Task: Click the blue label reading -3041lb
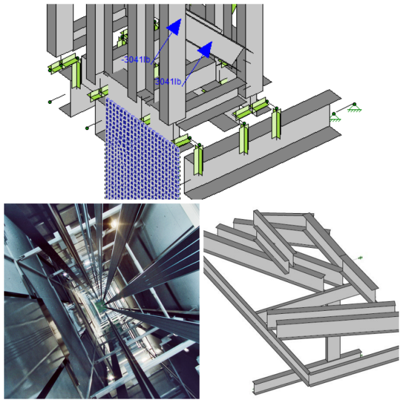click(136, 60)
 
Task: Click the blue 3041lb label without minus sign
click(169, 81)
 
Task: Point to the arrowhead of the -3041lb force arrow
click(175, 26)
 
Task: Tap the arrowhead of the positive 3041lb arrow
click(206, 49)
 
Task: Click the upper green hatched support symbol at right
click(354, 108)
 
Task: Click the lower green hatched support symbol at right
click(335, 117)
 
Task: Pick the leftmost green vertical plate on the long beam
click(198, 160)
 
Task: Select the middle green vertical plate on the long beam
click(244, 139)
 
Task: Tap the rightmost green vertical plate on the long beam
click(276, 123)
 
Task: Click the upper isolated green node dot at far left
click(50, 102)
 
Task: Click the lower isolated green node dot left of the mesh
click(87, 128)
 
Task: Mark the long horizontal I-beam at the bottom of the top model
click(262, 144)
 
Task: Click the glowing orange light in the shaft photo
click(114, 224)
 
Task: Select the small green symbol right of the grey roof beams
click(360, 258)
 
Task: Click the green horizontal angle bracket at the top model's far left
click(62, 64)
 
